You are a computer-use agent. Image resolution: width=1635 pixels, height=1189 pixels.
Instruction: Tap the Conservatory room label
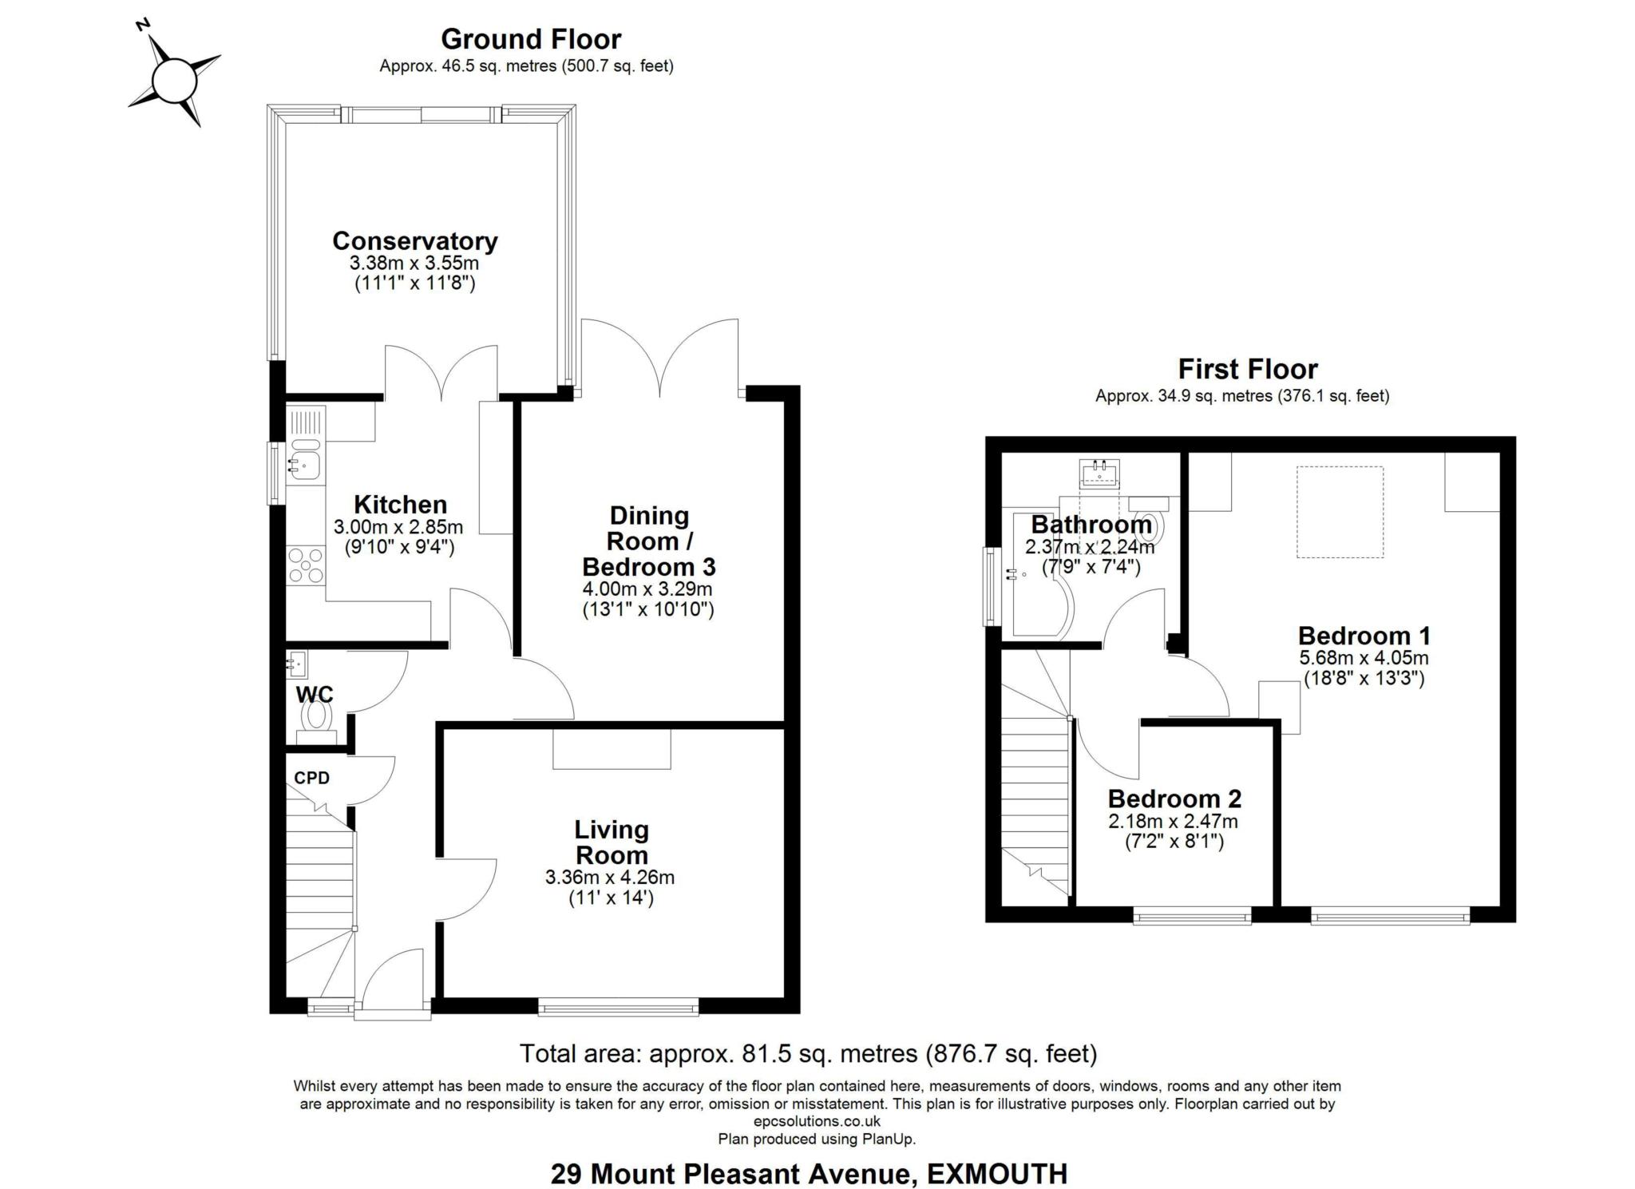pyautogui.click(x=414, y=241)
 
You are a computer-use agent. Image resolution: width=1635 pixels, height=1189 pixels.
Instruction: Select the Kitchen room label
pyautogui.click(x=400, y=505)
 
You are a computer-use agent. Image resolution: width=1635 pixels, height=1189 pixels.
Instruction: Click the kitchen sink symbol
pyautogui.click(x=304, y=462)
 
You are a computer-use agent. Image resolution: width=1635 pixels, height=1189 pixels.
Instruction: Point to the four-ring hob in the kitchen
pyautogui.click(x=306, y=565)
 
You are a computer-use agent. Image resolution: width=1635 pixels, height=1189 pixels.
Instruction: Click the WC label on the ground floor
pyautogui.click(x=314, y=694)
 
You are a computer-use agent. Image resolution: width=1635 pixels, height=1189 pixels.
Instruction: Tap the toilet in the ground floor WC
pyautogui.click(x=316, y=716)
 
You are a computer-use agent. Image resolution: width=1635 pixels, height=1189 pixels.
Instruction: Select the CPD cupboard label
pyautogui.click(x=311, y=778)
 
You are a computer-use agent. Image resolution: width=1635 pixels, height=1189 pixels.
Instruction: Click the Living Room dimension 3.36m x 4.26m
pyautogui.click(x=609, y=878)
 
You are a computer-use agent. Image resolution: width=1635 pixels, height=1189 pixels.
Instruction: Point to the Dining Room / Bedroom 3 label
pyautogui.click(x=648, y=541)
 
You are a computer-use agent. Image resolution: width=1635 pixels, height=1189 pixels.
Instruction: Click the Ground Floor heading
pyautogui.click(x=530, y=39)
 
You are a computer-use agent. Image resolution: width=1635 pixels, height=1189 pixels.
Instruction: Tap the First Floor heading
pyautogui.click(x=1247, y=369)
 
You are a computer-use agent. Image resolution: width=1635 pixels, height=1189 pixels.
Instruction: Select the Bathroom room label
pyautogui.click(x=1091, y=525)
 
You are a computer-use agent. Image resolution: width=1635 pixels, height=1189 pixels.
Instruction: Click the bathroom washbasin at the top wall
pyautogui.click(x=1099, y=474)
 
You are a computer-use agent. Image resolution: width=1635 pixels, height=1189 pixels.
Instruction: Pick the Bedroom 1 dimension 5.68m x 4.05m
pyautogui.click(x=1364, y=659)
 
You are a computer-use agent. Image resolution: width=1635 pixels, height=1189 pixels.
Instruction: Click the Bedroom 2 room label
pyautogui.click(x=1174, y=799)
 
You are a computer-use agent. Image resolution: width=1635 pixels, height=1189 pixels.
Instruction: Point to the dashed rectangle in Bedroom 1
pyautogui.click(x=1340, y=512)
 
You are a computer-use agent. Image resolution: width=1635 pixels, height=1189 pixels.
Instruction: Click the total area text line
pyautogui.click(x=808, y=1054)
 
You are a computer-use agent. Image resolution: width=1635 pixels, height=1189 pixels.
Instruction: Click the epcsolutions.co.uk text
pyautogui.click(x=817, y=1121)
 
